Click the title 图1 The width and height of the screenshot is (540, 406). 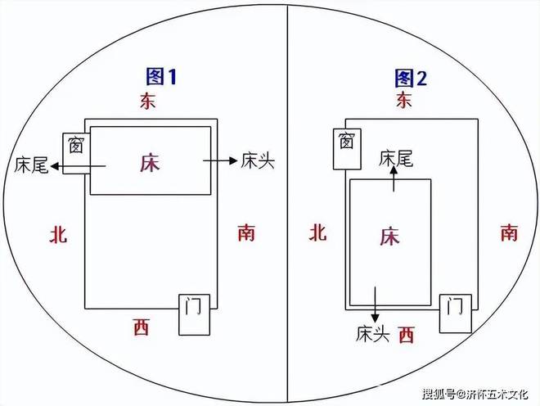coord(161,77)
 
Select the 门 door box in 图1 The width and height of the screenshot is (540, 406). coord(194,313)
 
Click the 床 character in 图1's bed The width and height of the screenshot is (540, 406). coord(150,162)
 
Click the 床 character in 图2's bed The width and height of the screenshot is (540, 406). coord(389,237)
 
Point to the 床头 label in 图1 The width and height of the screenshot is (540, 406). coord(257,161)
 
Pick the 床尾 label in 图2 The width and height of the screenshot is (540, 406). coord(395,159)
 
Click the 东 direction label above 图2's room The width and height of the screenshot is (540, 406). coord(404,100)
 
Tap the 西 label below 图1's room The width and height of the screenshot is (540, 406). coord(141,328)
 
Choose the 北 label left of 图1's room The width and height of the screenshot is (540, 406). coord(58,235)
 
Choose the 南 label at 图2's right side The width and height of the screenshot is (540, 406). coord(509,233)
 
